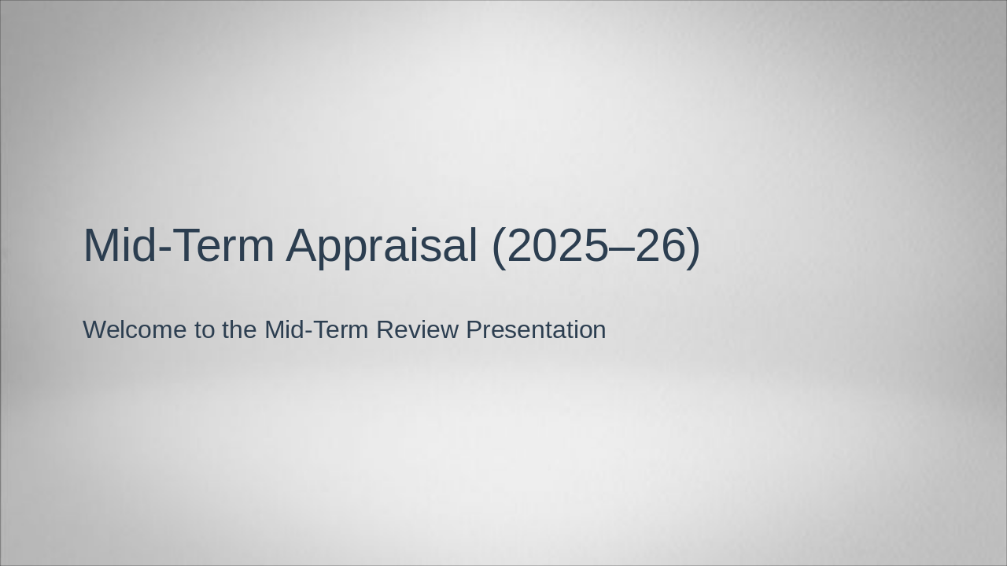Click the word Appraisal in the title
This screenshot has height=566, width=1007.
(x=382, y=246)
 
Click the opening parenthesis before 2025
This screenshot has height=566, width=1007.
(x=499, y=246)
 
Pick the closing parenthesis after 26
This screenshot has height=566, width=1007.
(x=693, y=246)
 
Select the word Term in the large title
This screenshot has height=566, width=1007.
(x=223, y=246)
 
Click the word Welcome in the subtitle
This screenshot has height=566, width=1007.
(x=135, y=330)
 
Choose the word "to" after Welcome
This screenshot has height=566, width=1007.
(x=205, y=330)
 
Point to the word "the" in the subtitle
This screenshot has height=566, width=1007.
(x=240, y=330)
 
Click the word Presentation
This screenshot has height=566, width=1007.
(x=536, y=330)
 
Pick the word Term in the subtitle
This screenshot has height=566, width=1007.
(x=340, y=330)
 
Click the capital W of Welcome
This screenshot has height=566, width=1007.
(x=94, y=330)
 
